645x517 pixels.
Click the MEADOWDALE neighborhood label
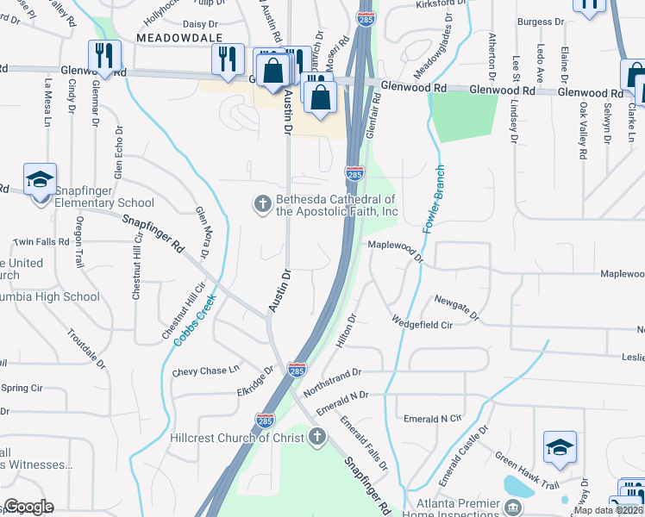pyautogui.click(x=178, y=39)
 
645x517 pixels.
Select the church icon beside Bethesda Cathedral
pyautogui.click(x=262, y=204)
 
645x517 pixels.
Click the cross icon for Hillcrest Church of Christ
pyautogui.click(x=317, y=437)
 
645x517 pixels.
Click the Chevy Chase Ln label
pyautogui.click(x=205, y=371)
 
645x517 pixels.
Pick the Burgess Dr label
pyautogui.click(x=541, y=21)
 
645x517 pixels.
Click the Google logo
pyautogui.click(x=28, y=507)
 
